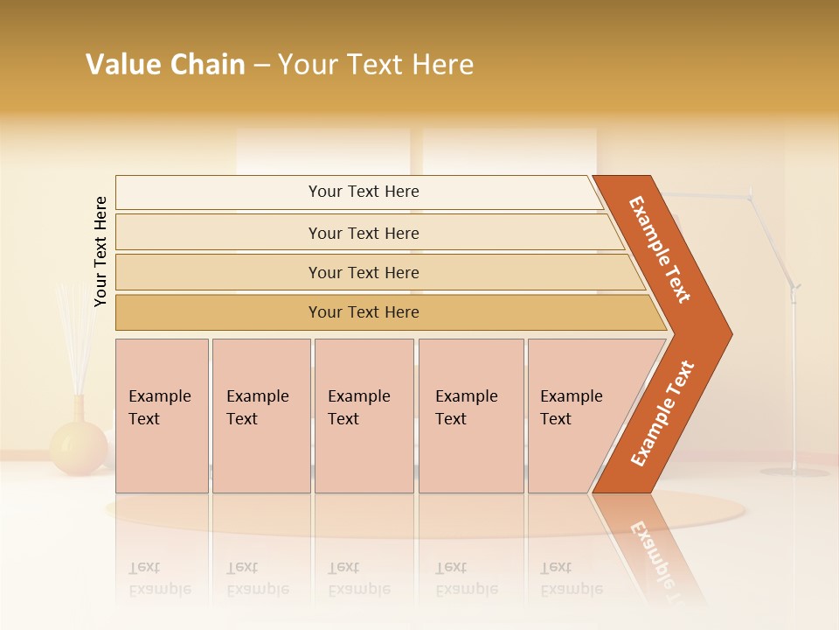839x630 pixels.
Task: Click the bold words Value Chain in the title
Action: (165, 64)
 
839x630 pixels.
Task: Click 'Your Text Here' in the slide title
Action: (376, 64)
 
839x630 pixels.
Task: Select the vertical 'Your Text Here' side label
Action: (101, 251)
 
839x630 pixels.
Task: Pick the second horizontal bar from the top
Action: (363, 233)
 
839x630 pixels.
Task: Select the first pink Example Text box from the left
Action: (162, 416)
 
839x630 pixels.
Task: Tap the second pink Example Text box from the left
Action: (260, 416)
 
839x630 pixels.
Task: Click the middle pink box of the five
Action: (364, 416)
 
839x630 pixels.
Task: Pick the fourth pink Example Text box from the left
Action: (470, 416)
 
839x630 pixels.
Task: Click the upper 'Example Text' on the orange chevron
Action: (660, 249)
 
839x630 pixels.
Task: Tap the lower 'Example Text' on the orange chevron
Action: (662, 414)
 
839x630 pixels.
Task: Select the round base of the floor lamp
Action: (794, 472)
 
